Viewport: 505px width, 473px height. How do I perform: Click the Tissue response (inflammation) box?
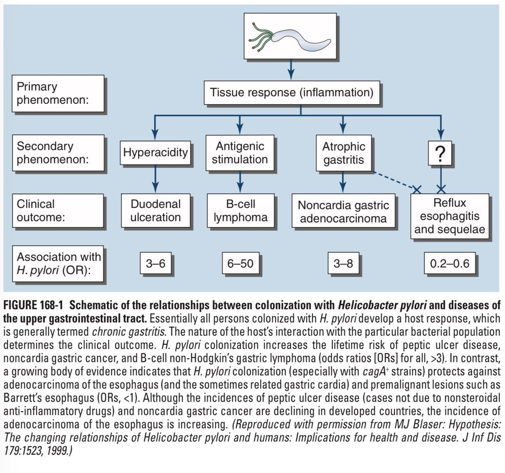tap(292, 92)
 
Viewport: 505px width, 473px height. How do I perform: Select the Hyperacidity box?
tap(155, 152)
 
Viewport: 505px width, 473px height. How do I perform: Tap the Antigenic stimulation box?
tap(240, 152)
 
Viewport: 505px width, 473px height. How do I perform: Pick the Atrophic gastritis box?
tap(343, 153)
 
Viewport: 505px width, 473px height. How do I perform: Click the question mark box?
tap(440, 153)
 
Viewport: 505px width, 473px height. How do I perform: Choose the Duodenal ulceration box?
tap(156, 210)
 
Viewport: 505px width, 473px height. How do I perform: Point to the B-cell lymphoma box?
tap(241, 210)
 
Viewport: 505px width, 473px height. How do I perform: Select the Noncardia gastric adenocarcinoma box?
tap(343, 210)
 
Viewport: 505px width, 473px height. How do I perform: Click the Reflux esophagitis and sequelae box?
tap(449, 216)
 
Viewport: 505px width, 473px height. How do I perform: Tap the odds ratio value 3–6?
tap(156, 263)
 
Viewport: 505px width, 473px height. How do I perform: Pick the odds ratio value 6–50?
tap(241, 263)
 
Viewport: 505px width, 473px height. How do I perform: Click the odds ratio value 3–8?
tap(343, 263)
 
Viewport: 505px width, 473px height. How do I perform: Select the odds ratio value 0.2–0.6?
tap(449, 263)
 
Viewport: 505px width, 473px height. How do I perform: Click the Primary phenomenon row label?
tap(58, 93)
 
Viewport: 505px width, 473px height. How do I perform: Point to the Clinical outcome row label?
tap(58, 210)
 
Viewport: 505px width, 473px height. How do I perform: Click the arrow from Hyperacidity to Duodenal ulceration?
tap(155, 179)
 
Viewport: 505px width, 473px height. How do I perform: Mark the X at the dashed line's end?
tap(417, 189)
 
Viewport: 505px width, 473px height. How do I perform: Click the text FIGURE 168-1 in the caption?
tap(33, 305)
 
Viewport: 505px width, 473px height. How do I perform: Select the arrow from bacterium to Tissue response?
tap(291, 70)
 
